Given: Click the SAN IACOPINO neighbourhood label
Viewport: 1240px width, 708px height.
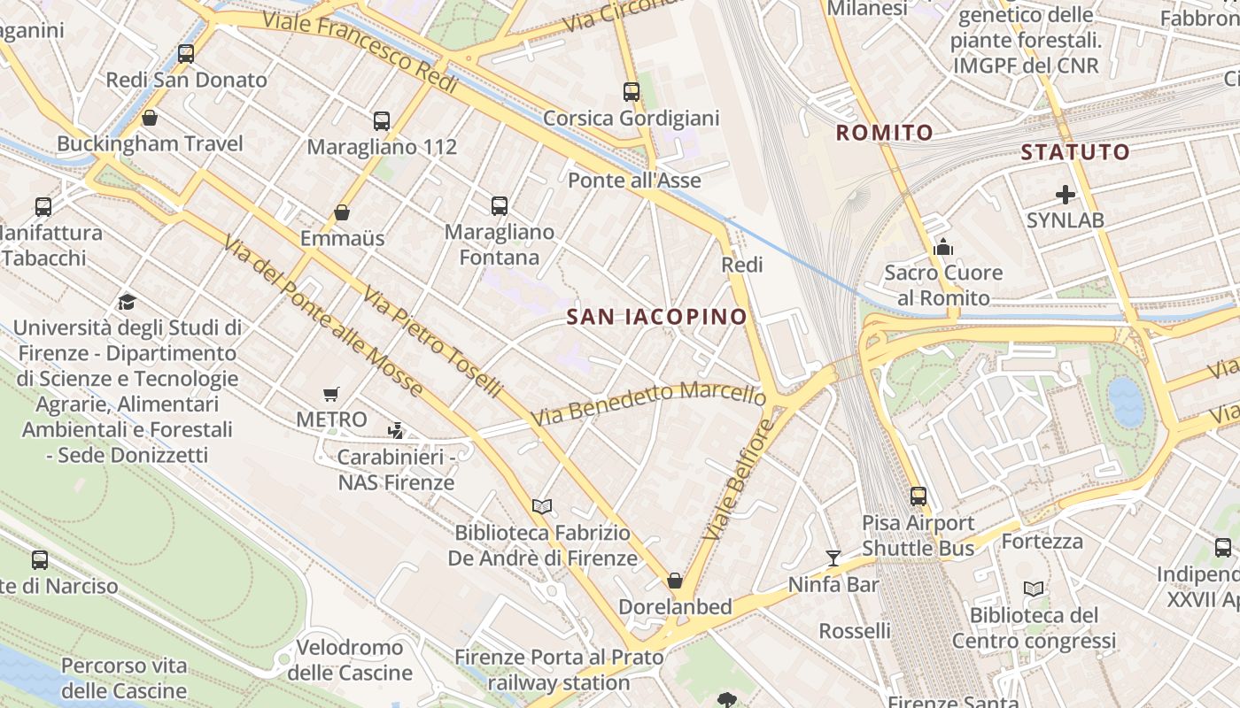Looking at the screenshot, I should tap(656, 316).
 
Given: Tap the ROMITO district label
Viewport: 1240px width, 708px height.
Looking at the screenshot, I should tap(885, 133).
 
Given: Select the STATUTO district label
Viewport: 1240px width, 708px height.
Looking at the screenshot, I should tap(1075, 152).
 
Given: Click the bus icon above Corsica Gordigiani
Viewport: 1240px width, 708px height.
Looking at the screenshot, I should tap(632, 91).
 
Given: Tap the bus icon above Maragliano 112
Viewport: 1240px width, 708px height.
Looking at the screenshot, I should tap(382, 121).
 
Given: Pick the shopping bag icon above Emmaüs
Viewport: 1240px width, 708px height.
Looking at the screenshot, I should tap(342, 212).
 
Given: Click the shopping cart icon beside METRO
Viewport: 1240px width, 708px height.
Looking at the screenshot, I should tap(331, 394).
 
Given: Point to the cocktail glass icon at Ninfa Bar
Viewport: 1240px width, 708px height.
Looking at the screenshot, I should tap(833, 558).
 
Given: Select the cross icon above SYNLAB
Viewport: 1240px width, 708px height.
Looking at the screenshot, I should tap(1066, 194).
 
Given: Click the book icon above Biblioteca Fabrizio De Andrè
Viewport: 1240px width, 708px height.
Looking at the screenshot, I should tap(542, 506).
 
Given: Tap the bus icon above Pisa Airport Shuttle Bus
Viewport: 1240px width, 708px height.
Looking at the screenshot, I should tap(918, 496).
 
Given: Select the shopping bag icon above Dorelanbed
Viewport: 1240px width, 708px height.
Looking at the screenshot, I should tap(675, 581).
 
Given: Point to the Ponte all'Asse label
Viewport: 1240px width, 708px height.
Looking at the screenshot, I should tap(634, 181).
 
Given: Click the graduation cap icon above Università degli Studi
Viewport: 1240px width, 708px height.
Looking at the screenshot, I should tap(128, 302).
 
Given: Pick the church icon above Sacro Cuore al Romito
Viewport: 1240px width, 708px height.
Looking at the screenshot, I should tap(943, 247).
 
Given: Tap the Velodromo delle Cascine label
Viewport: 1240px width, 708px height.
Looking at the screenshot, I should tap(350, 660).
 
